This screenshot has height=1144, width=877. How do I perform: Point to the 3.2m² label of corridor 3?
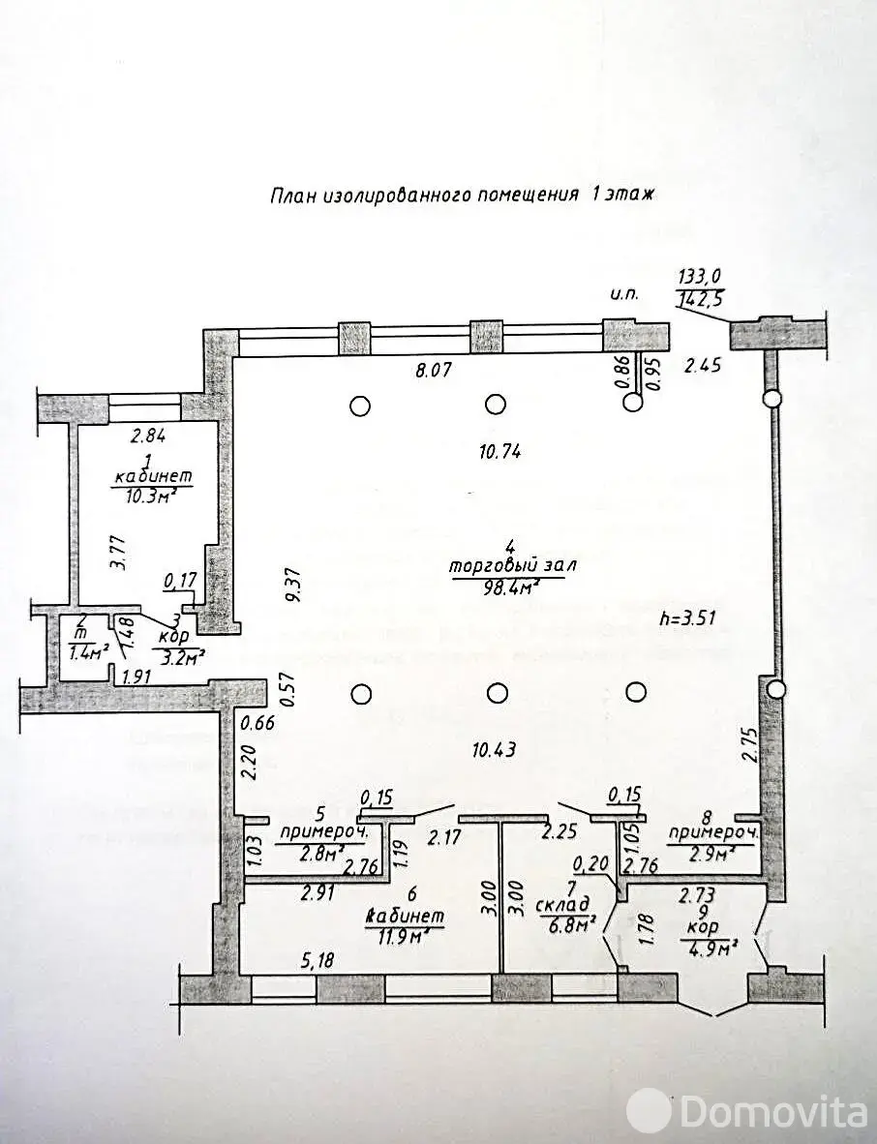tap(177, 659)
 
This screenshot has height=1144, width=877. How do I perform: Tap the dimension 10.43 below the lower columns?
tap(493, 748)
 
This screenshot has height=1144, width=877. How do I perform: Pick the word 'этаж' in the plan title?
tap(630, 194)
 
